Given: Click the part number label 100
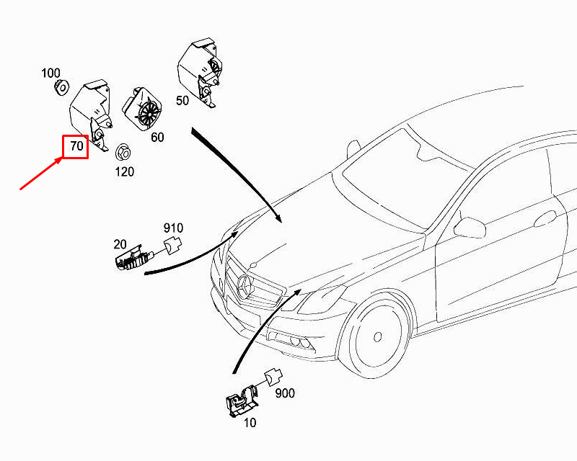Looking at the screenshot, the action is pyautogui.click(x=50, y=73).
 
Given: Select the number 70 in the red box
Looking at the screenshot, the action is pyautogui.click(x=76, y=147).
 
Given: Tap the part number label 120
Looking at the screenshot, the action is pyautogui.click(x=125, y=172).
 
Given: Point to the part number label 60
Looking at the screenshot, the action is pyautogui.click(x=157, y=137).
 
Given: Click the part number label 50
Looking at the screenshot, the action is pyautogui.click(x=182, y=100).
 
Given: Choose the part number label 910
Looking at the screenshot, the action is pyautogui.click(x=173, y=228).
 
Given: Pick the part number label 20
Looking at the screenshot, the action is pyautogui.click(x=119, y=244).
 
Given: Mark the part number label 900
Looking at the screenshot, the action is pyautogui.click(x=284, y=393).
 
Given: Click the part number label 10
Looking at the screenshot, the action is pyautogui.click(x=250, y=423).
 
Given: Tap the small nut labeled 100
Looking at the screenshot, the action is pyautogui.click(x=61, y=88).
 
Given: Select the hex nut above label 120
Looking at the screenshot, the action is pyautogui.click(x=122, y=152).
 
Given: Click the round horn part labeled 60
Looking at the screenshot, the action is pyautogui.click(x=147, y=109).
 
